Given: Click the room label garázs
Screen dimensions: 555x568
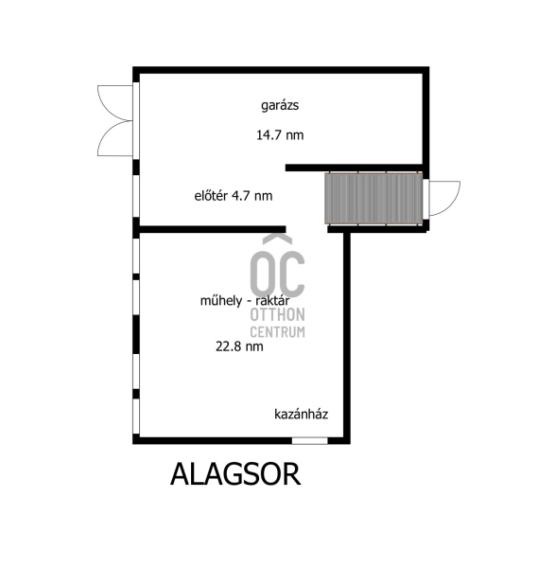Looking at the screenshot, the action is (280, 106).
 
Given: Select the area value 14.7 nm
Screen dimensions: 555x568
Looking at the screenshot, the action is (280, 135).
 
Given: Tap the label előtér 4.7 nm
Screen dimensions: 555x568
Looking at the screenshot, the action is (234, 196).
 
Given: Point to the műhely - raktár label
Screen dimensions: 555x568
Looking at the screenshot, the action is (245, 301).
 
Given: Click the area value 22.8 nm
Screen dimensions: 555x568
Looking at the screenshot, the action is (239, 346).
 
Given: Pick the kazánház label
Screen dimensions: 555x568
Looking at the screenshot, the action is (301, 414).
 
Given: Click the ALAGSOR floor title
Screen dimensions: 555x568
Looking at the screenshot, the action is (235, 474).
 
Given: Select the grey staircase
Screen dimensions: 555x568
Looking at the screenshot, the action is (373, 199).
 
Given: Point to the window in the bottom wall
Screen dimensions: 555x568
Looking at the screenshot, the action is (310, 441).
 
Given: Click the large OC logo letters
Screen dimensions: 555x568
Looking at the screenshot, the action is (278, 274).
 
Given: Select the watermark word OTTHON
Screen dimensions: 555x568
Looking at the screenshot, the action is (278, 315).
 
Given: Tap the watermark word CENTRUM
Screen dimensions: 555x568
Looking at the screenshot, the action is (278, 332).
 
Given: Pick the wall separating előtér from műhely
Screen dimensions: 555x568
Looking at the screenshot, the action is (213, 229).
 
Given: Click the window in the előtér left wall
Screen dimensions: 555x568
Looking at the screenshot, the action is (136, 196).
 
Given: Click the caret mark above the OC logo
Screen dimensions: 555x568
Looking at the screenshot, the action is (278, 240).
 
